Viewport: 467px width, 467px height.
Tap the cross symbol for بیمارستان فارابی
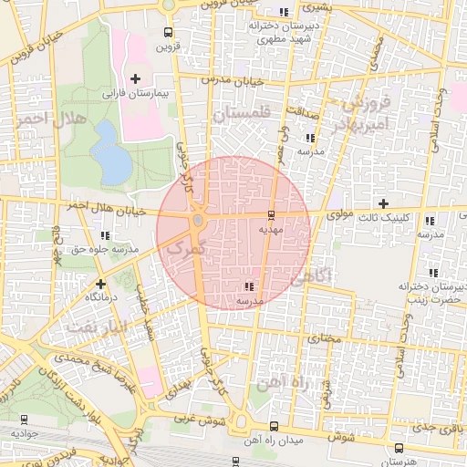pos(136,79)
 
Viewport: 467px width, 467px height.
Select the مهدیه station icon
pos(271,216)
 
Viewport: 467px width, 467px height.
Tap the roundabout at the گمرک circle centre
pos(198,221)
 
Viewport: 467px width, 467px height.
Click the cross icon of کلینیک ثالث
pos(383,204)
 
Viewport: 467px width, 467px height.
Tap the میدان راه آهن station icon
pos(274,426)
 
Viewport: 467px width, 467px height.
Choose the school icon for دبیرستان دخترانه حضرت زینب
pos(431,273)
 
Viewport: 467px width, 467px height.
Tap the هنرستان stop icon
pos(400,448)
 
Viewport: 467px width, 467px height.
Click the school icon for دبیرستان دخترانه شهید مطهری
pos(285,11)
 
